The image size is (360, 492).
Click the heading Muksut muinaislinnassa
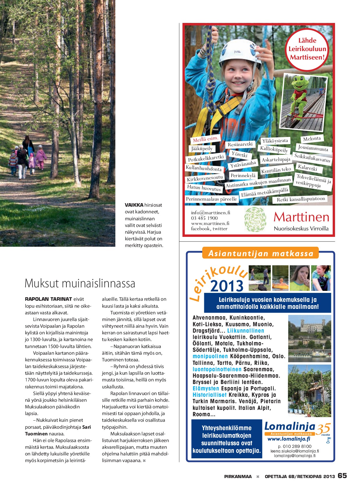click(80, 283)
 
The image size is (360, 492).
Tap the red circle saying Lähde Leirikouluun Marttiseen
click(307, 49)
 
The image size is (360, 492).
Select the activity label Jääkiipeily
click(202, 149)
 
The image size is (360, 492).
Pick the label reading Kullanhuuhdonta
click(204, 168)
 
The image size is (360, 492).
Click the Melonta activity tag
click(312, 139)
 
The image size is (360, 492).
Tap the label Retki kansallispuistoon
click(301, 199)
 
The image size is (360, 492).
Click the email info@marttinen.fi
click(210, 212)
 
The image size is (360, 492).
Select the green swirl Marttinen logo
click(255, 219)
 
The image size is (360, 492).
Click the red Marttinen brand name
click(301, 217)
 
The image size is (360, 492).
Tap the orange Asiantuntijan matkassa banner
click(261, 253)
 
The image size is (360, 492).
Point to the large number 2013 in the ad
click(227, 286)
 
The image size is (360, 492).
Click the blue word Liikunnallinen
click(246, 331)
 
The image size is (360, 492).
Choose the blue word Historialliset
click(209, 395)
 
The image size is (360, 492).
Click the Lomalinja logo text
click(290, 426)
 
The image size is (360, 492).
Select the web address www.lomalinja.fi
click(289, 439)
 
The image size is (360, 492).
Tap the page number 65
click(342, 475)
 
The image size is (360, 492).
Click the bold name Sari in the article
click(86, 427)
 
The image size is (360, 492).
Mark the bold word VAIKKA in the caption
click(134, 205)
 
